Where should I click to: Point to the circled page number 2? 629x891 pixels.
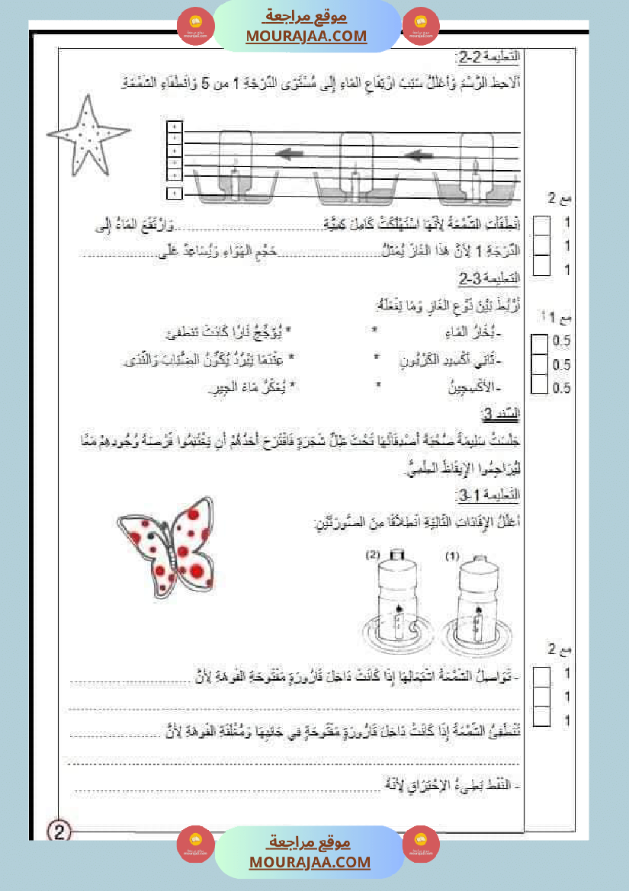pyautogui.click(x=59, y=830)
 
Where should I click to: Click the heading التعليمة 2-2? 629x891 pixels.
pyautogui.click(x=491, y=59)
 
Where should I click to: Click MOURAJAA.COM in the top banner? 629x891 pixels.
pyautogui.click(x=306, y=36)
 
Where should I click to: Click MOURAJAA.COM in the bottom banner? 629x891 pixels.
pyautogui.click(x=310, y=862)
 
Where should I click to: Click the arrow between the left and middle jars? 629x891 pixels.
pyautogui.click(x=294, y=156)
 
